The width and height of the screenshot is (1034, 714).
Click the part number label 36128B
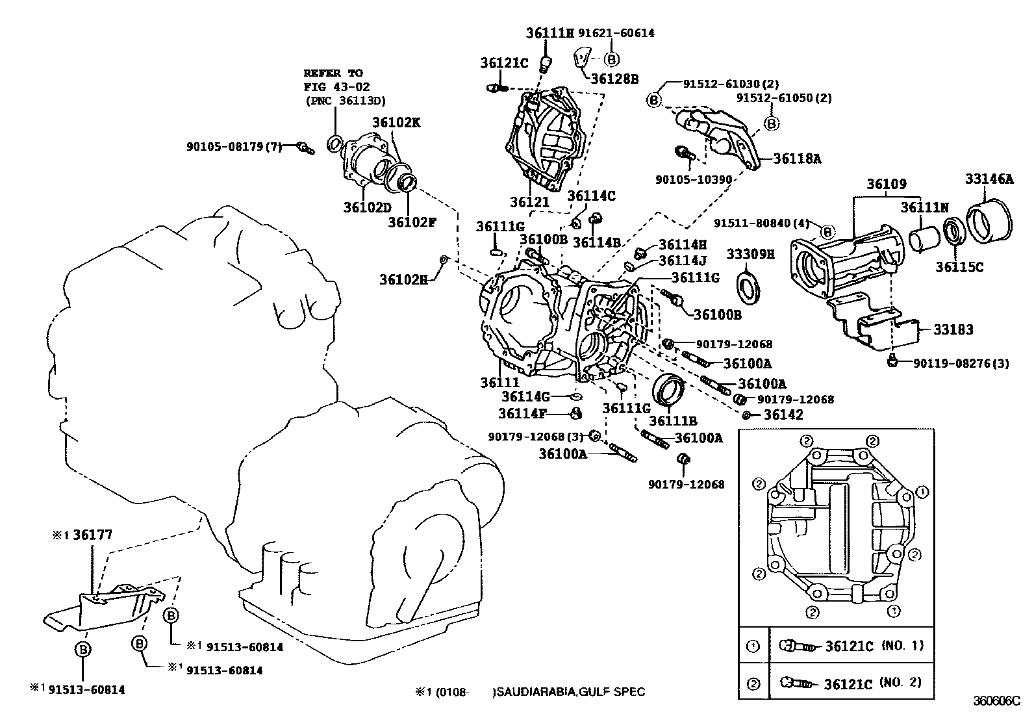point(614,79)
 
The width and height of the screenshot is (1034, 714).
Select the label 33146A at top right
point(989,179)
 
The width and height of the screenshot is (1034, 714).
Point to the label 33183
point(953,330)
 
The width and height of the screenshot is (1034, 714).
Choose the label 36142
point(783,414)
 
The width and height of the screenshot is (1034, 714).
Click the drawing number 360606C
point(996,701)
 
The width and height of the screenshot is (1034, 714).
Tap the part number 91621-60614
point(615,32)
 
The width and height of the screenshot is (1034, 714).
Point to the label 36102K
point(396,122)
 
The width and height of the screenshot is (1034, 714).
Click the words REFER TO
point(333,73)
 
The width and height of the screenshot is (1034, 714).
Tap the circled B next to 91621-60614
point(611,59)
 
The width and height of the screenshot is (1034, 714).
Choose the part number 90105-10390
point(693,179)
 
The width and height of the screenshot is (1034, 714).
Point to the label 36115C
point(959,266)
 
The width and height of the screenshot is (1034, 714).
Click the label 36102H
point(404,280)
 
